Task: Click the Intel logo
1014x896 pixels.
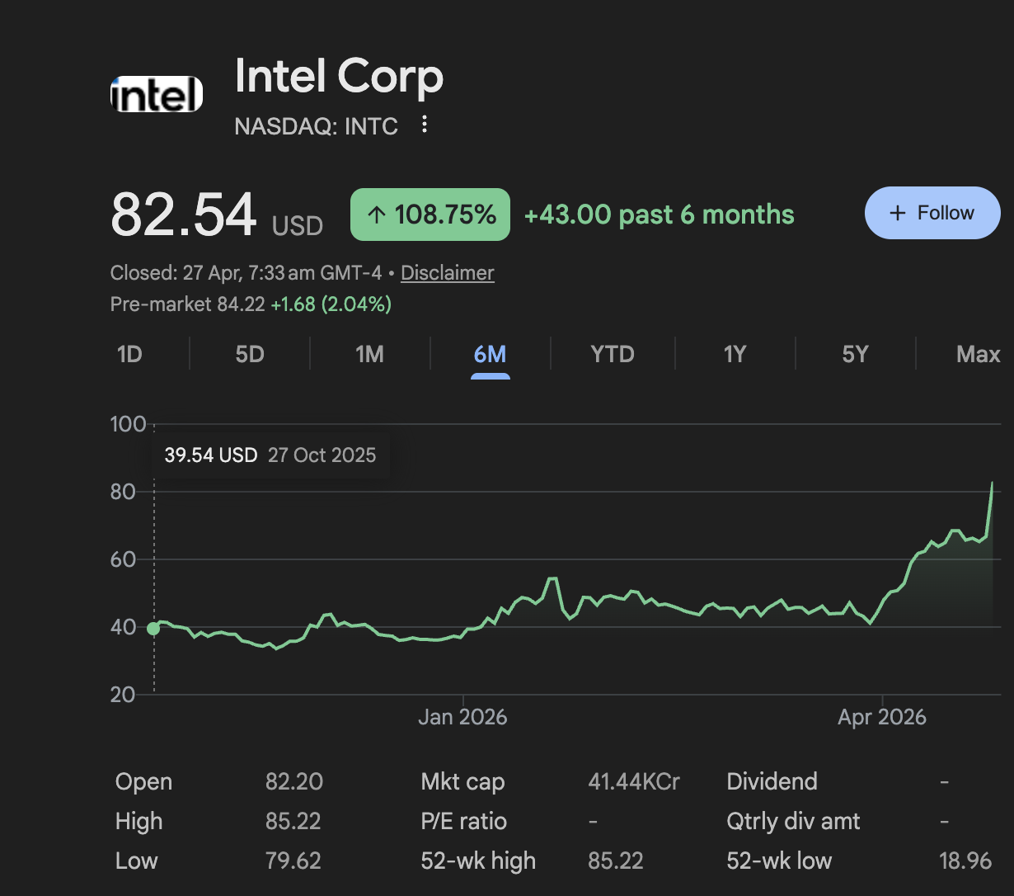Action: point(157,94)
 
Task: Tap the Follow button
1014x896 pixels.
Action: point(932,213)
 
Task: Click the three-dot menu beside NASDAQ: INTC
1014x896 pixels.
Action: point(425,125)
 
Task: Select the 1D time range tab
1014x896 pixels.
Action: point(129,354)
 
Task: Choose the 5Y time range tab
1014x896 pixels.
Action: point(855,354)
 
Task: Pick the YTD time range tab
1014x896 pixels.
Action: point(613,354)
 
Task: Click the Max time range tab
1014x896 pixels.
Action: point(978,354)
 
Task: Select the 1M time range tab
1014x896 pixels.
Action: point(369,354)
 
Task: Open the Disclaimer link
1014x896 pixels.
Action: point(447,273)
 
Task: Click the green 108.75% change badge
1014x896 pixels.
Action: point(430,215)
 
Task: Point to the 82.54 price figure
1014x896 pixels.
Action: point(184,215)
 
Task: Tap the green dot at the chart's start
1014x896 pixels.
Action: point(153,629)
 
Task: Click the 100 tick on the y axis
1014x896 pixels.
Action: point(127,425)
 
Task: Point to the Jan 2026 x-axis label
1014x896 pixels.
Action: point(462,717)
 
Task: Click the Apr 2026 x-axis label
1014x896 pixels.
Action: point(881,717)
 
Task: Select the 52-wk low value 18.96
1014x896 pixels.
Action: point(965,861)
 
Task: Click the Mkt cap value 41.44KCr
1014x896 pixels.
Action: point(633,781)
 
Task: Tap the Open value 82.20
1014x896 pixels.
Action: point(293,781)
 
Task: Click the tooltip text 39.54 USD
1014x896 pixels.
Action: point(211,455)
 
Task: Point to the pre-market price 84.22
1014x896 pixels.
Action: point(241,304)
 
